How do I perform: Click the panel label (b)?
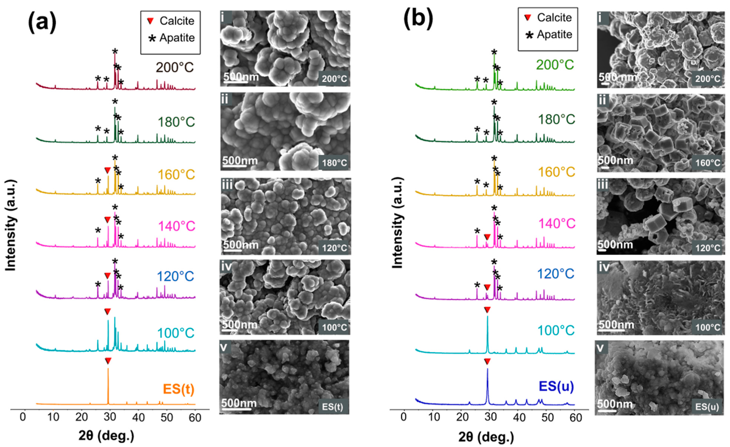(418, 20)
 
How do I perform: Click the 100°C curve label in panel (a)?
(176, 333)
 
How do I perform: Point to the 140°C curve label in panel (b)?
(556, 223)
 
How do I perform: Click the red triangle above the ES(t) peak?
(108, 361)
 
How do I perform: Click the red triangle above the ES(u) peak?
(487, 361)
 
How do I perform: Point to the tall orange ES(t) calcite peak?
(108, 385)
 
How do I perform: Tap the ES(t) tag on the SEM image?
(332, 407)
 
